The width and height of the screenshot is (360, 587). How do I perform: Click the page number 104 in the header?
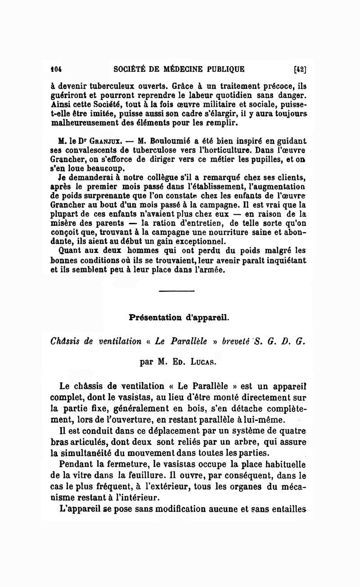56,69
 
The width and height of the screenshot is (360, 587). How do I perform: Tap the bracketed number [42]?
300,69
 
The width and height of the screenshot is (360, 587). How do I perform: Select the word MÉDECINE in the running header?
184,69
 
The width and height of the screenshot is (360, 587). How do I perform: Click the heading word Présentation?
154,317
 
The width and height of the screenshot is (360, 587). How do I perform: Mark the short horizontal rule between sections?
176,293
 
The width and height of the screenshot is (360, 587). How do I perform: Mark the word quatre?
291,431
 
